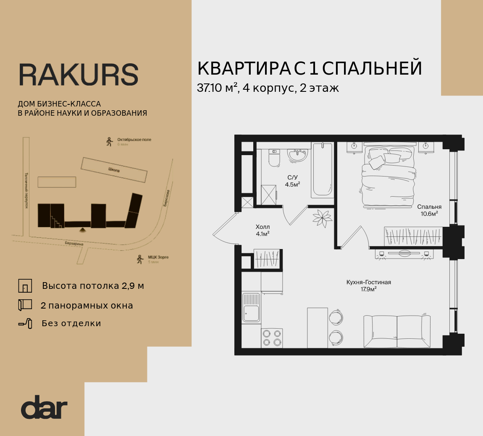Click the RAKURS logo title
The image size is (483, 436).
79,75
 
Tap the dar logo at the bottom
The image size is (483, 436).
44,407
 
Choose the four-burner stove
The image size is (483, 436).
271,338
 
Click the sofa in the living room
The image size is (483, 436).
396,331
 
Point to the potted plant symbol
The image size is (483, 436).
322,218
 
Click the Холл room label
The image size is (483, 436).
262,227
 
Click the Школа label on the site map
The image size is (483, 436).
114,170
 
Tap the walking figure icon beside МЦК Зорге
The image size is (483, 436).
140,260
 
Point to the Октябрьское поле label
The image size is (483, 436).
134,140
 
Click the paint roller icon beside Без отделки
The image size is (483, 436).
25,323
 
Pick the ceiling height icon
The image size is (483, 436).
25,286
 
